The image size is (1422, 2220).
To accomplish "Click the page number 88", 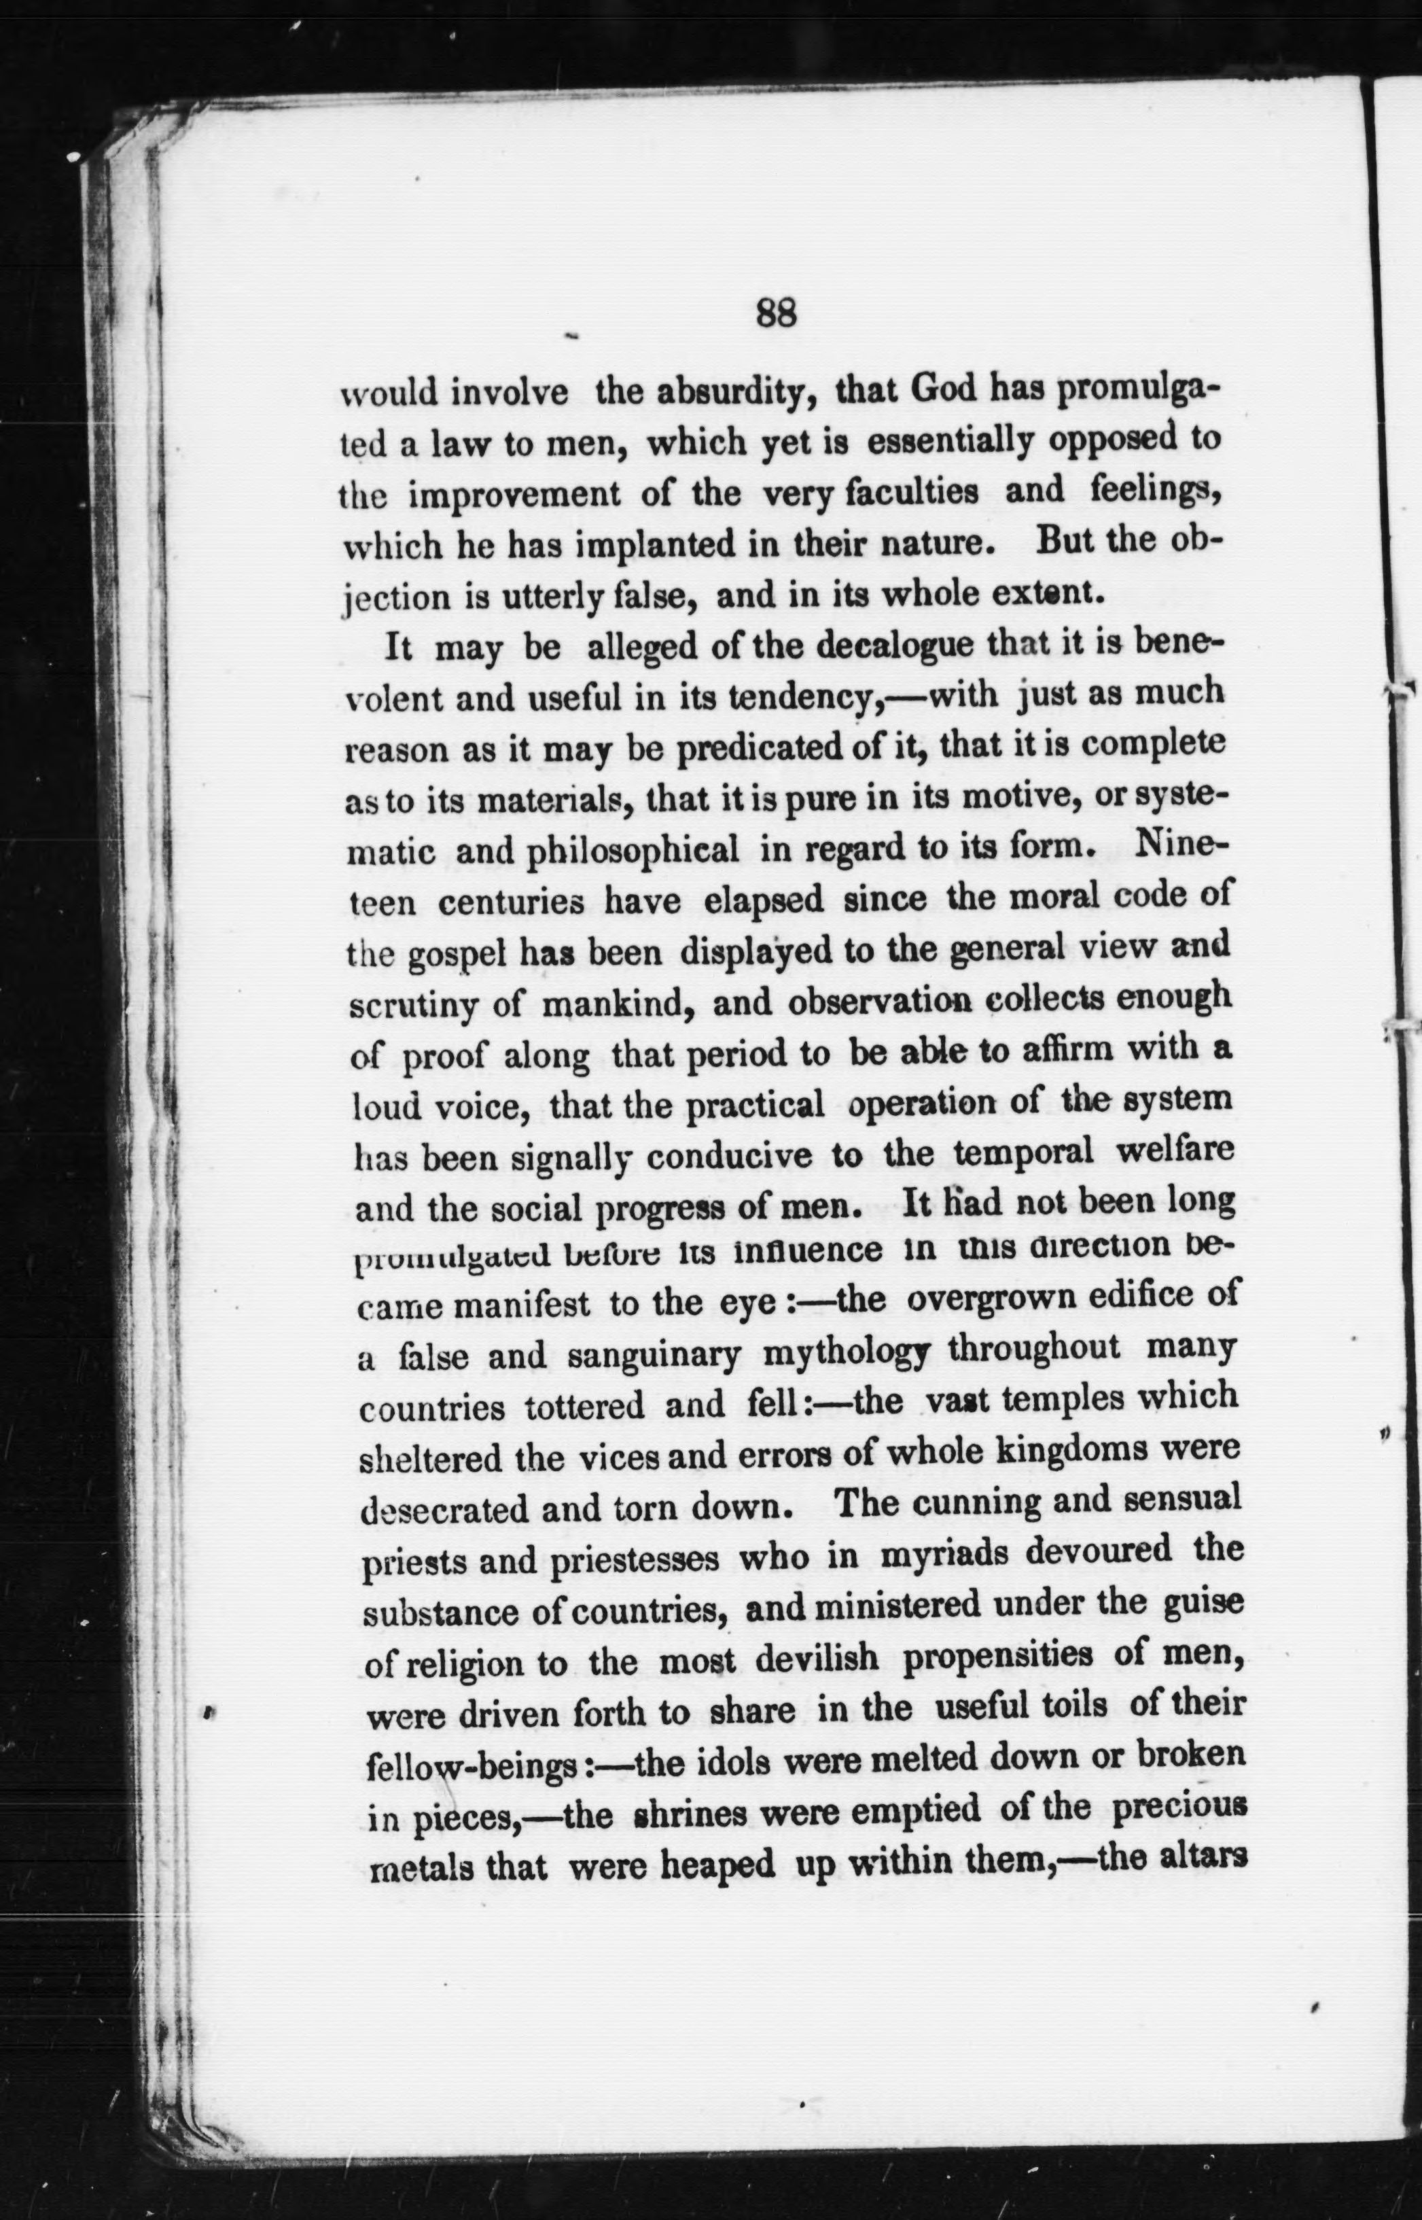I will (776, 314).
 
